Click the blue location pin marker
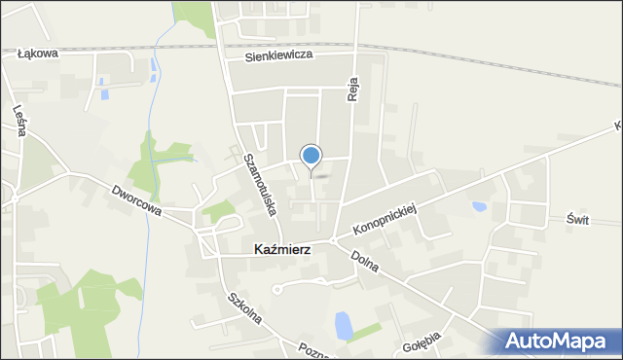[311, 156]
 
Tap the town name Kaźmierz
[282, 249]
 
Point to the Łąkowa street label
[39, 54]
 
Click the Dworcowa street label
[135, 200]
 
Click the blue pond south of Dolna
[344, 326]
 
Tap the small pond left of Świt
[479, 206]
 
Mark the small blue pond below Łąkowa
[155, 67]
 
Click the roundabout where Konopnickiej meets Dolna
[332, 240]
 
